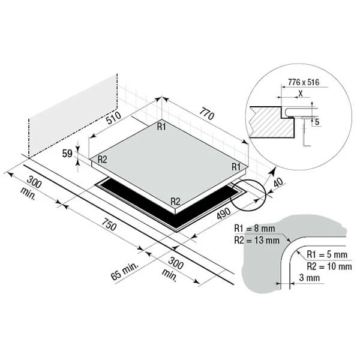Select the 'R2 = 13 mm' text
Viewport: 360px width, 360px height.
(257, 240)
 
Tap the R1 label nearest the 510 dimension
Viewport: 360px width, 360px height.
(161, 127)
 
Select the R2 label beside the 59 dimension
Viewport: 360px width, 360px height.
(102, 159)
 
